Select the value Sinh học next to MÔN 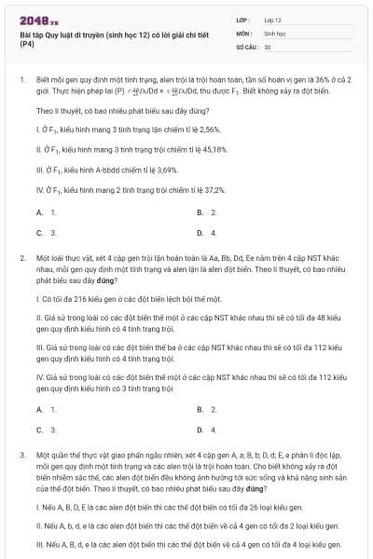pos(274,32)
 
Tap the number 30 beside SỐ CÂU pos(269,45)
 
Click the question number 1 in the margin pos(21,81)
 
